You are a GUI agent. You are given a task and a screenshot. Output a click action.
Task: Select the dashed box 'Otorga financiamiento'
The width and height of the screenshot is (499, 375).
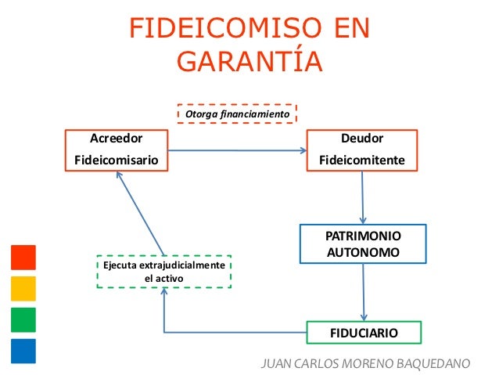[237, 115]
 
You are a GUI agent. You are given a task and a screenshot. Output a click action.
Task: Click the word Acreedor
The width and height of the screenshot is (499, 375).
[116, 139]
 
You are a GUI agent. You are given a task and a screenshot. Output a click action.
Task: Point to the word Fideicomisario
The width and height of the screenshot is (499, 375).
[116, 160]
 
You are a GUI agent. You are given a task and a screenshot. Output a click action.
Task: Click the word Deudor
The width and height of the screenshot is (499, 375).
[362, 139]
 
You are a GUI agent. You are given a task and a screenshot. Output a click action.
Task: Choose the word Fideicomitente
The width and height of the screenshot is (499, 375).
[362, 160]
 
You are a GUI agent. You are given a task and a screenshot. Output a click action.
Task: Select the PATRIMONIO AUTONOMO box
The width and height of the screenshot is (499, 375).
[362, 244]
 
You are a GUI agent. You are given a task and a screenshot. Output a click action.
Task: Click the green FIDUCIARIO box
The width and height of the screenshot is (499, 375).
[364, 333]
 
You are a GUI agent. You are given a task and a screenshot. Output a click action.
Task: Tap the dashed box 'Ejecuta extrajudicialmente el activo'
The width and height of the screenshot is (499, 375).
[164, 272]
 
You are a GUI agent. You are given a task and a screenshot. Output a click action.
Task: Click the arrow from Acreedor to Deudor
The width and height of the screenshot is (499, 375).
[239, 150]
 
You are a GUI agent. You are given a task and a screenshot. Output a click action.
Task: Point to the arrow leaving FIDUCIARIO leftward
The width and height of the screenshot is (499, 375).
[235, 332]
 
